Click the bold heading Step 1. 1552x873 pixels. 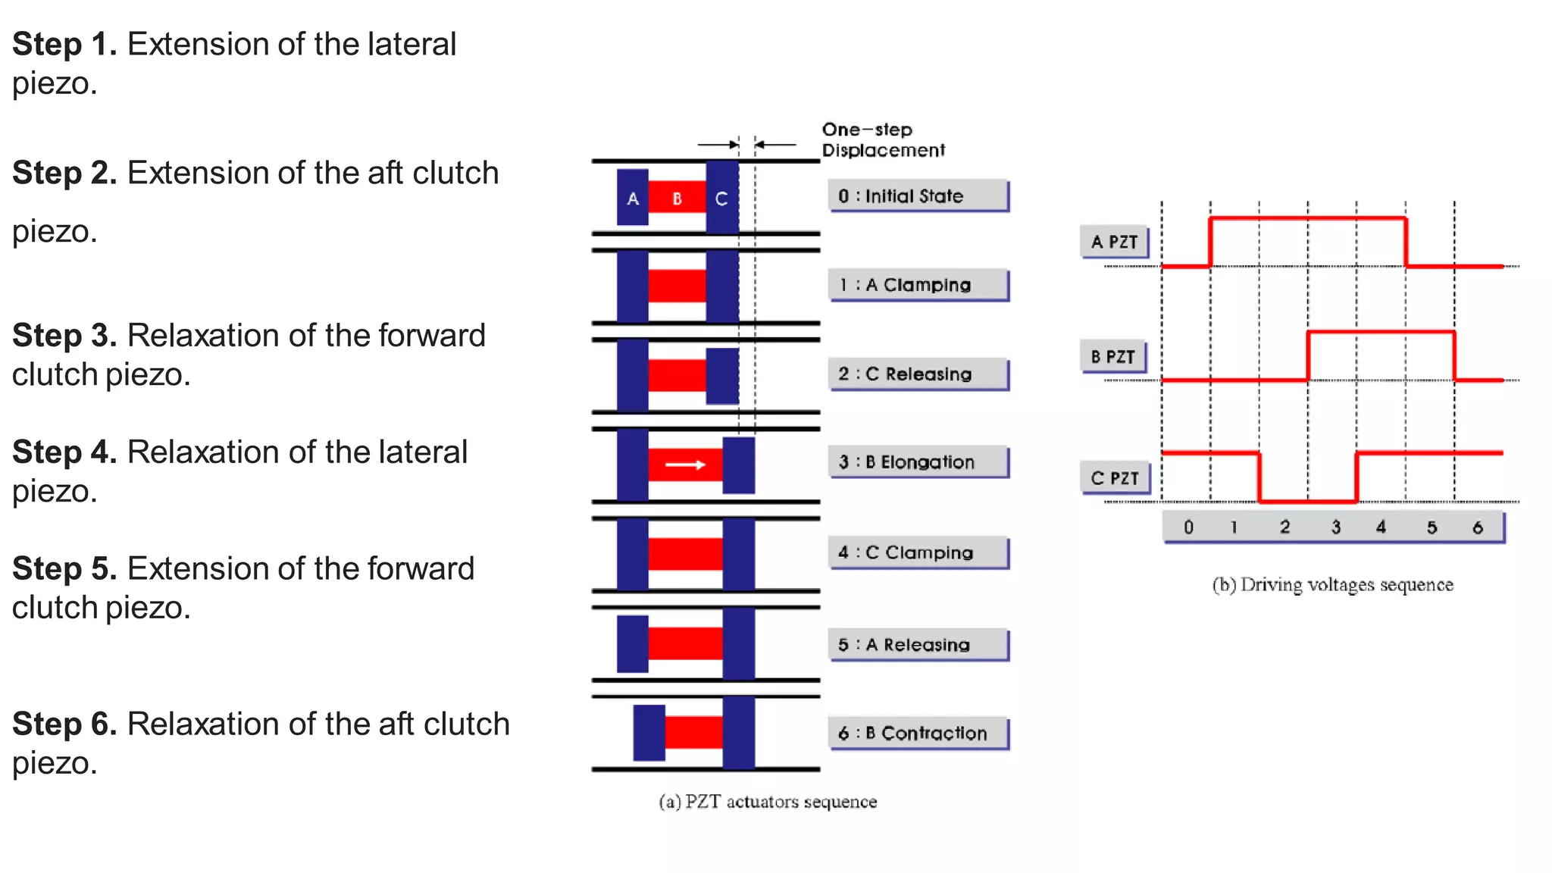coord(64,44)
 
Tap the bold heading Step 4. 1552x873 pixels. coord(64,452)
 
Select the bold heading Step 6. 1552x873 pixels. coord(64,724)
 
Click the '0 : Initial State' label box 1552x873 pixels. coord(918,196)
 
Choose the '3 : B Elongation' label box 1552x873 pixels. coord(918,462)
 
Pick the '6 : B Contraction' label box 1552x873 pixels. coord(918,733)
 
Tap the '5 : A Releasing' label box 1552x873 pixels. coord(918,645)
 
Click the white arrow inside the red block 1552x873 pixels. coord(685,465)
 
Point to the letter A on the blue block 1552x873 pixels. coord(633,199)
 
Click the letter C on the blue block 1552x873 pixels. coord(721,199)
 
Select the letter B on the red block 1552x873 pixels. coord(677,199)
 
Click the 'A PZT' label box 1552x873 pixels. coord(1114,242)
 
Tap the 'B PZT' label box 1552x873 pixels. coord(1112,356)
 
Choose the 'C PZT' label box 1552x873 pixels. coord(1114,478)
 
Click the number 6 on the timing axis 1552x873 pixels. coord(1477,527)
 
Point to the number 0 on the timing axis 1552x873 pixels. coord(1188,527)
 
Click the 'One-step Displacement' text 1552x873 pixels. coord(882,140)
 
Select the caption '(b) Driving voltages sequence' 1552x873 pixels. coord(1332,585)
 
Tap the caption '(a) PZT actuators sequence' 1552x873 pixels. coord(768,802)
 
